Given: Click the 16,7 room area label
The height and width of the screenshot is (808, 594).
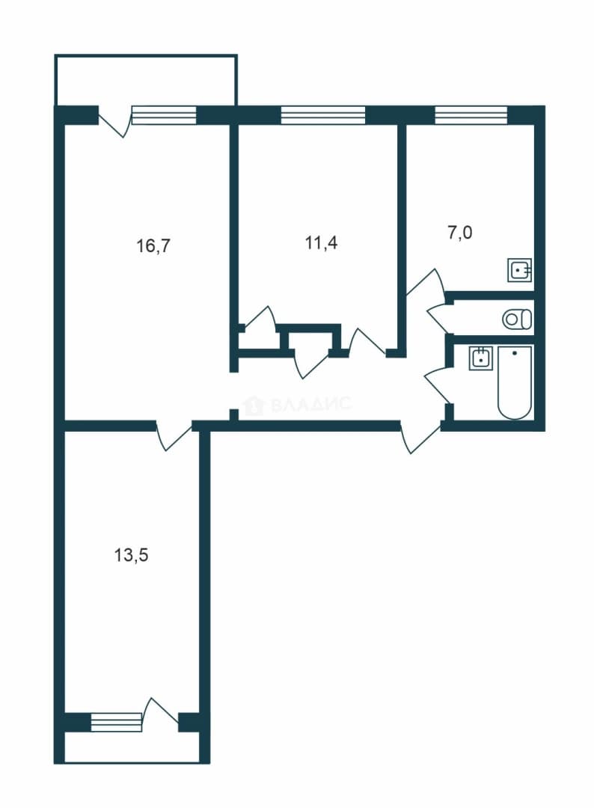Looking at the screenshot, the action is point(153,246).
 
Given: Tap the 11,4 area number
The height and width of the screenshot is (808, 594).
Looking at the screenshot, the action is point(322,242).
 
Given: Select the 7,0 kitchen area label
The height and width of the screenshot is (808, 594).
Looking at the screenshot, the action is point(459,233).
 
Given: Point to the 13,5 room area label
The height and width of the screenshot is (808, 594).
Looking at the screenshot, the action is point(131,555).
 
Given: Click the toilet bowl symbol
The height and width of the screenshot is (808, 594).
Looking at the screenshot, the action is point(517,319).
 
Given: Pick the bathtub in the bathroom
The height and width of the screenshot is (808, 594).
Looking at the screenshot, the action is point(514,382).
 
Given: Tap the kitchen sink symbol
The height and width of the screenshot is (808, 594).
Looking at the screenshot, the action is point(520,269).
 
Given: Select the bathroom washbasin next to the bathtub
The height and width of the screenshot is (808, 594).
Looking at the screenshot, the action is point(480,358).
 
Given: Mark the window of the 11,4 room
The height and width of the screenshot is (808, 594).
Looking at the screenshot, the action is point(323,115).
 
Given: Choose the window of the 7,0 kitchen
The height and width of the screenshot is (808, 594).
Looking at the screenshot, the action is point(471,115).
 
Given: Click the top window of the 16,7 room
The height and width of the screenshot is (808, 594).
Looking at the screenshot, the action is point(165,115).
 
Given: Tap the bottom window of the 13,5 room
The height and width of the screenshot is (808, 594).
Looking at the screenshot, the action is point(116,721).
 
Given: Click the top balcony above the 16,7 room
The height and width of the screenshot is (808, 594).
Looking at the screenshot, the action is point(146,80).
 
